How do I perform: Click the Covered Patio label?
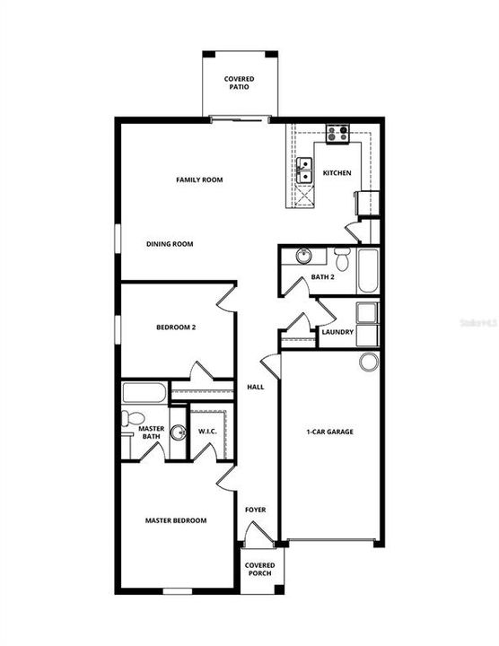[239, 83]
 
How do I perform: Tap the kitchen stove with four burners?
[337, 134]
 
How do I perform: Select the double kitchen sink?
[304, 170]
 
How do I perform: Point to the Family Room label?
[199, 179]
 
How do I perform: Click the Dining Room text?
[170, 244]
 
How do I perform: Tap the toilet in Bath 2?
[342, 258]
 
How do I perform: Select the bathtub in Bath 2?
[368, 271]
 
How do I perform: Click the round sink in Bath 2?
[303, 256]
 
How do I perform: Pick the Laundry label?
[337, 332]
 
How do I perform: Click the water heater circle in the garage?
[368, 362]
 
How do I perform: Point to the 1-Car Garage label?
[329, 432]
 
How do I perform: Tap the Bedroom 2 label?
[176, 327]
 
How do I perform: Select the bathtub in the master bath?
[144, 393]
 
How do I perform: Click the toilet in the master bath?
[132, 418]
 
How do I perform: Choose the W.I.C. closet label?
[207, 432]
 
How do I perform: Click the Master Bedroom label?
[176, 520]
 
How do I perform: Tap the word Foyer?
[256, 510]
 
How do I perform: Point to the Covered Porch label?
[259, 570]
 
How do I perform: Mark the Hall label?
[256, 388]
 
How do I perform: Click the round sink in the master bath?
[178, 432]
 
